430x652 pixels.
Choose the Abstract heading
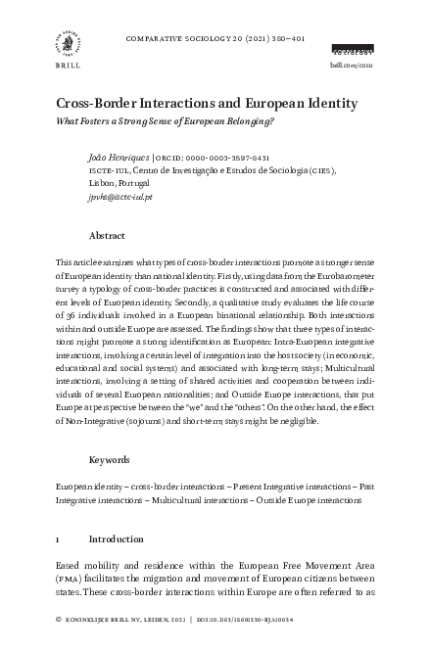[107, 236]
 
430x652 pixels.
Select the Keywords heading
[110, 459]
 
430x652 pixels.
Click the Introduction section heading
[122, 538]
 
